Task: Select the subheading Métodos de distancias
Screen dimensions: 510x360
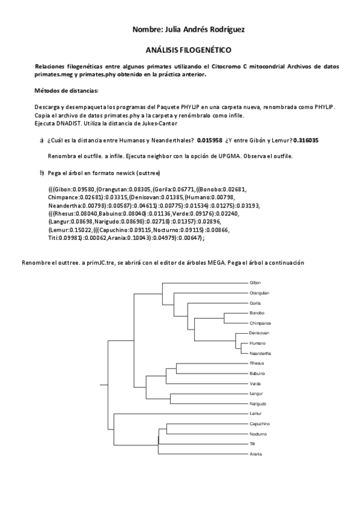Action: [66, 90]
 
